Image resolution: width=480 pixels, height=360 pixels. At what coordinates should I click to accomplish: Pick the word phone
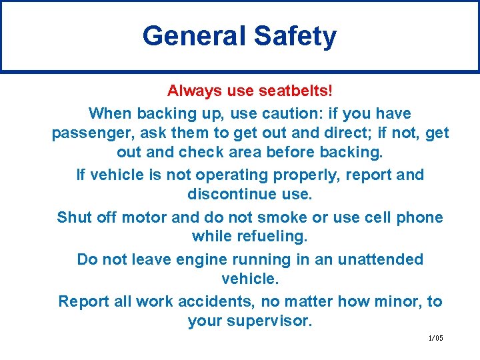point(420,217)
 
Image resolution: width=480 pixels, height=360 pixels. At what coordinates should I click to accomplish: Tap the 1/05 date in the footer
point(435,338)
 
